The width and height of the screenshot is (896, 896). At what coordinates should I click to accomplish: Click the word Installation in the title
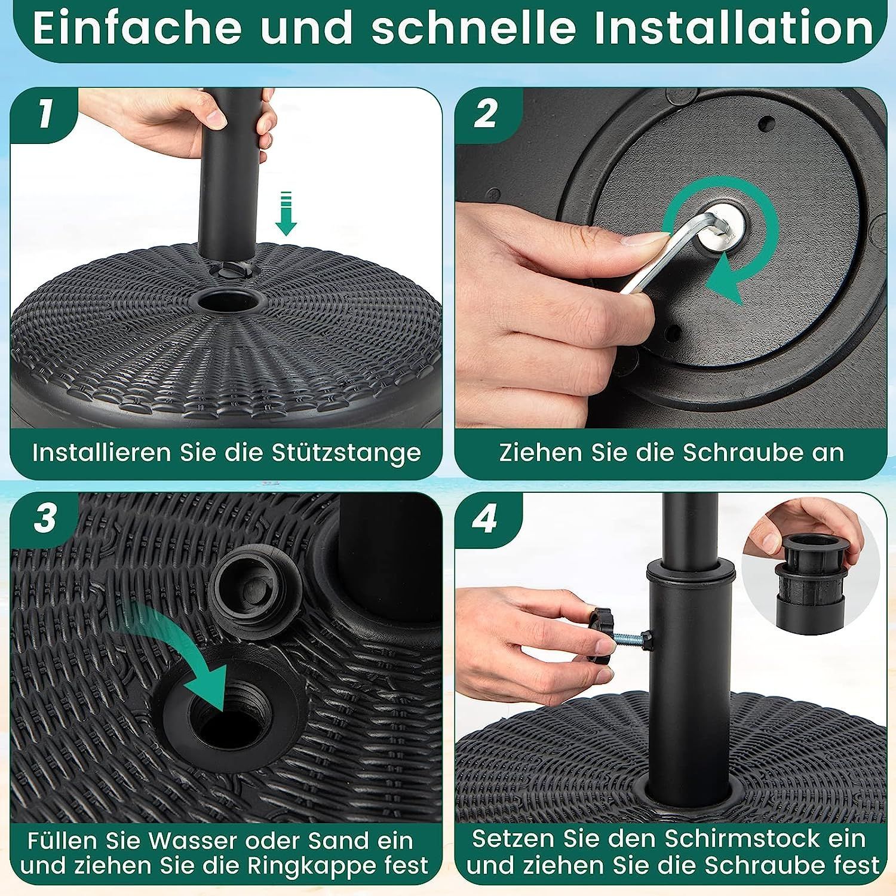click(x=734, y=28)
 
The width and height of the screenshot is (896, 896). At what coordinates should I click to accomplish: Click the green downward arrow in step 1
click(x=287, y=213)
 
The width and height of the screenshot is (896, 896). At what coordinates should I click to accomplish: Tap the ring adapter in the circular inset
click(x=811, y=567)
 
